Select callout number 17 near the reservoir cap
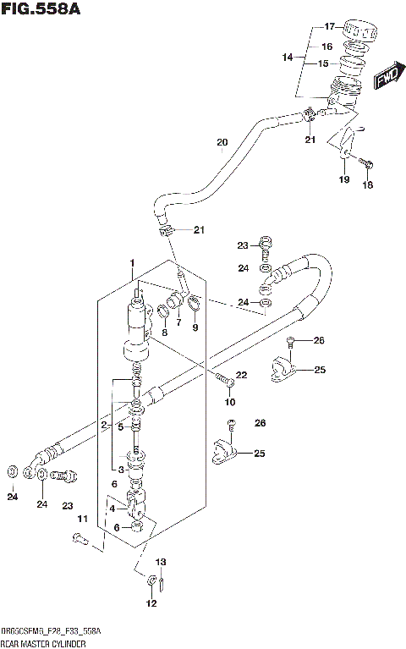(330, 26)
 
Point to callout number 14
(288, 57)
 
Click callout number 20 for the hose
(222, 141)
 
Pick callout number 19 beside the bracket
(344, 179)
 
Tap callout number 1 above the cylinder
(132, 265)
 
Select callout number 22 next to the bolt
(241, 375)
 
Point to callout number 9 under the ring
(195, 327)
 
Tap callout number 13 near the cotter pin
(161, 561)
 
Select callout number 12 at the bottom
(151, 603)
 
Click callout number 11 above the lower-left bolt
(83, 518)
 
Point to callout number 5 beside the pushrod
(122, 426)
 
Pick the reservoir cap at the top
(359, 30)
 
